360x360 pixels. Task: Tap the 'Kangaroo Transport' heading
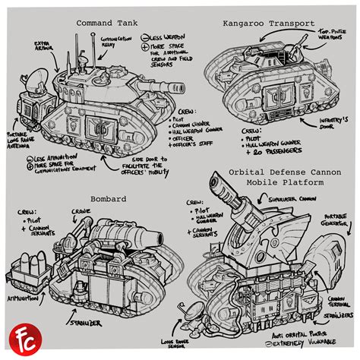pyautogui.click(x=268, y=23)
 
